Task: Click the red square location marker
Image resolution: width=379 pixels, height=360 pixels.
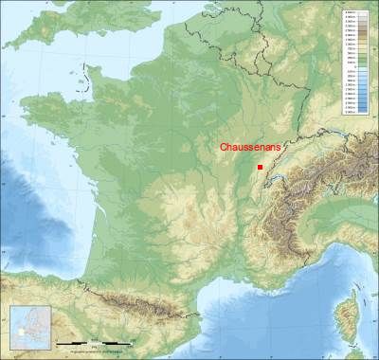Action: [260, 166]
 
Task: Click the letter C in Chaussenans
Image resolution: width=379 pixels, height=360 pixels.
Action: [224, 148]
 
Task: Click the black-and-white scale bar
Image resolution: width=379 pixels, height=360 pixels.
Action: [91, 341]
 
